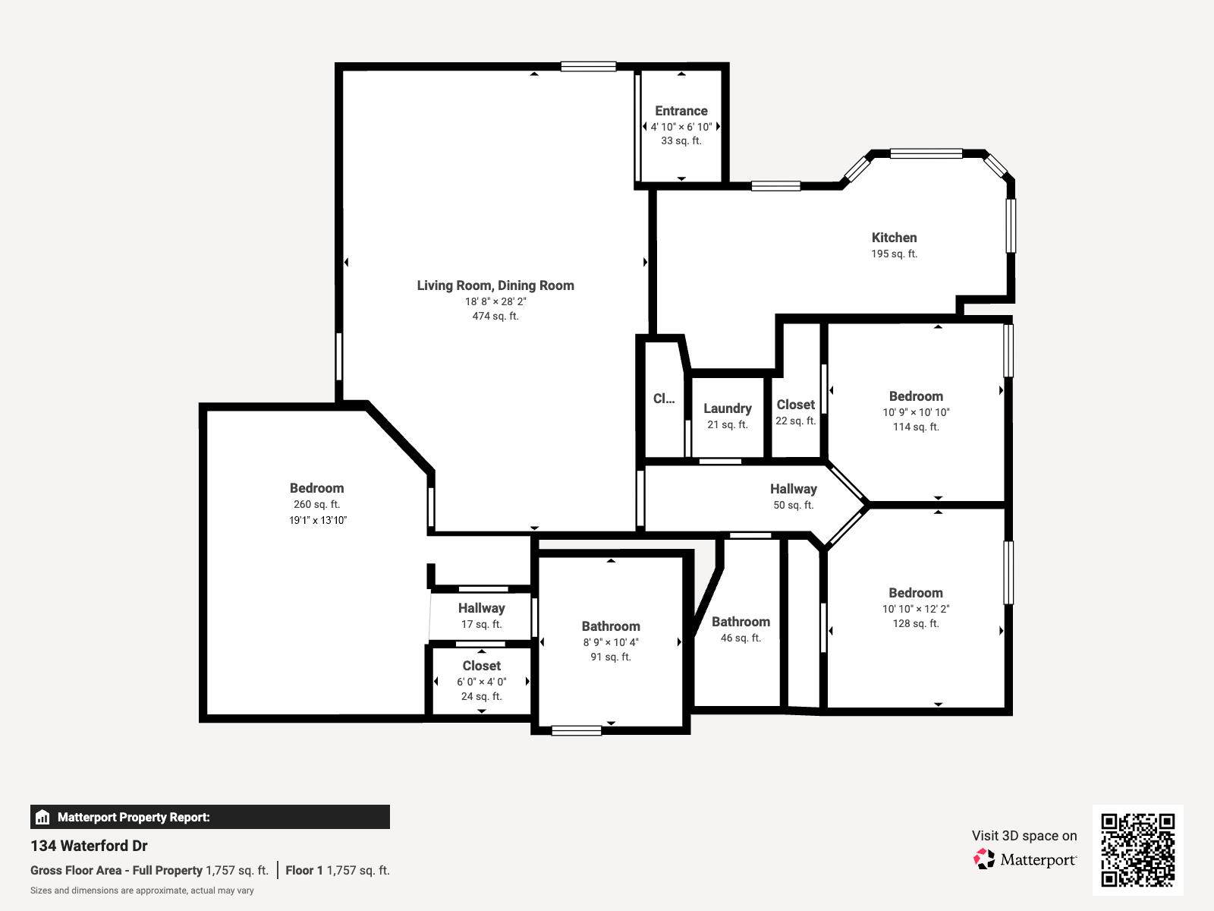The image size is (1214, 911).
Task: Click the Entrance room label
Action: coord(681,111)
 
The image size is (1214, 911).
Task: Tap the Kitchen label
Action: coord(894,238)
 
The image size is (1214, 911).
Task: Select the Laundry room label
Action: coord(727,408)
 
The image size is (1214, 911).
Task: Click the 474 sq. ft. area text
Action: coord(495,317)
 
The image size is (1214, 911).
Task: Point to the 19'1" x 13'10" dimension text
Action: coord(317,521)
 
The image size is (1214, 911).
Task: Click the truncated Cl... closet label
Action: coord(663,399)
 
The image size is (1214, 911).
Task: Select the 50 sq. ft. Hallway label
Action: coord(793,489)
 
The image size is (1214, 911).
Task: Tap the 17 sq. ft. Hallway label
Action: coord(481,608)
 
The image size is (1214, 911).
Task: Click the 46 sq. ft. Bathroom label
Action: coord(741,622)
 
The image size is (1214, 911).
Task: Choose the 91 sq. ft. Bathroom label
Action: coord(610,626)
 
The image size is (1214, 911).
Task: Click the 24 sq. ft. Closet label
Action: coord(481,666)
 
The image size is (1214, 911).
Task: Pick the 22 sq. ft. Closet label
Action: coord(795,405)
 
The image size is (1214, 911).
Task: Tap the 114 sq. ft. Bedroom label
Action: coord(916,396)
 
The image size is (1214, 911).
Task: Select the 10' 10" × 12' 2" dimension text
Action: coord(916,609)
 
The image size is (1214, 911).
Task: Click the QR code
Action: coord(1137,850)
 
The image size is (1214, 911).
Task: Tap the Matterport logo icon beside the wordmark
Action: coord(984,859)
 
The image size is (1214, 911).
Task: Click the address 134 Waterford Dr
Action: coord(89,846)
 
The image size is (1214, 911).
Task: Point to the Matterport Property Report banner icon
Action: coord(42,818)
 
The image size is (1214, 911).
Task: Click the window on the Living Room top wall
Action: coord(588,67)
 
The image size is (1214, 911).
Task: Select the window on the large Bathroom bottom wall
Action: coord(576,731)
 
